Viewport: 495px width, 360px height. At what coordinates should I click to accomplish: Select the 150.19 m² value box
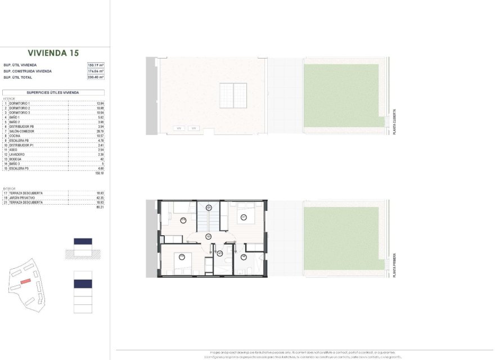coord(96,65)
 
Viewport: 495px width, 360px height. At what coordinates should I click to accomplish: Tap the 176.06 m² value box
coord(96,71)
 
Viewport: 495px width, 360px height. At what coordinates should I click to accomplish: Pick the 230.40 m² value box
coord(96,78)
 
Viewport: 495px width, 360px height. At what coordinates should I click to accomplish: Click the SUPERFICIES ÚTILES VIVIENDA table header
coord(53,92)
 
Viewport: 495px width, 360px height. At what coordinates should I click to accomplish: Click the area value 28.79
coord(101,131)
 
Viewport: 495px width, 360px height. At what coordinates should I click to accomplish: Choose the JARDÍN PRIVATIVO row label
coord(22,198)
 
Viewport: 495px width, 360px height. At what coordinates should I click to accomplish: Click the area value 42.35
coord(101,198)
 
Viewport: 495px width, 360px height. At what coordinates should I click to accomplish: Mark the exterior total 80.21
coord(101,207)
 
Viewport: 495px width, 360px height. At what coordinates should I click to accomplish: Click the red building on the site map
coord(25,280)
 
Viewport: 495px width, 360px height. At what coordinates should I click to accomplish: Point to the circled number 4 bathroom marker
coord(244,258)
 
